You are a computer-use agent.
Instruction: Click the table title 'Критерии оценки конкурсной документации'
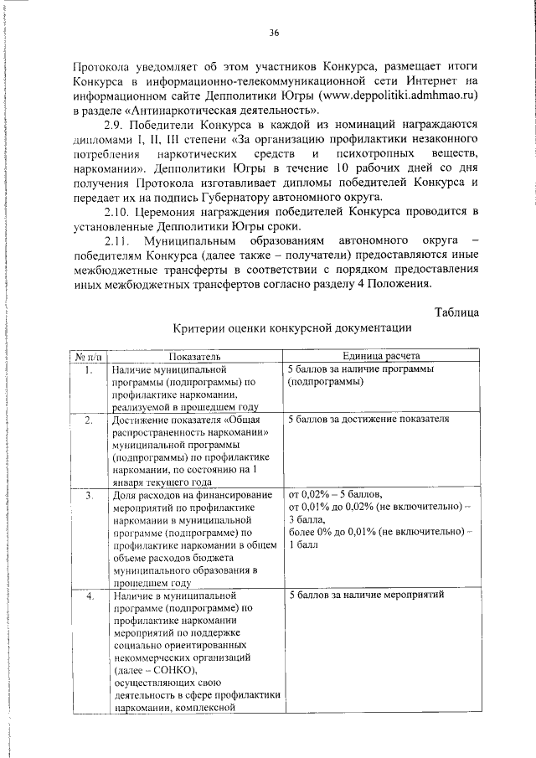tap(292, 328)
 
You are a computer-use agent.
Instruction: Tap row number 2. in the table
tap(89, 419)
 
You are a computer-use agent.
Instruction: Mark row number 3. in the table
tap(89, 496)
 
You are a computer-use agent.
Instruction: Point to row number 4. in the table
tap(89, 596)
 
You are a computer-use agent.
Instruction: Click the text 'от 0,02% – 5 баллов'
tap(335, 496)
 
